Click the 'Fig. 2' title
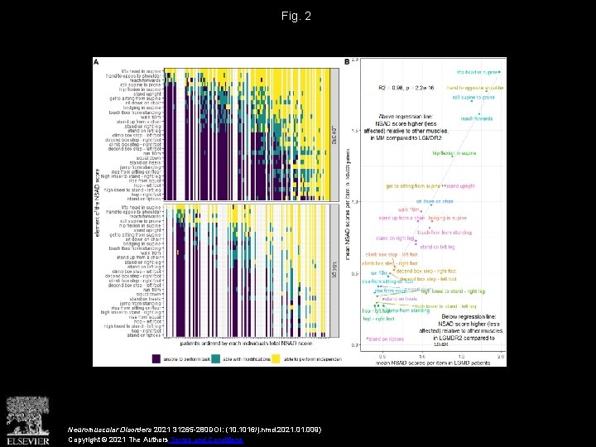pyautogui.click(x=297, y=16)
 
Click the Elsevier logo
pyautogui.click(x=28, y=420)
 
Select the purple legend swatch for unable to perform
pyautogui.click(x=156, y=357)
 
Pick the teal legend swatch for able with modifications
pyautogui.click(x=215, y=357)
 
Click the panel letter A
pyautogui.click(x=98, y=61)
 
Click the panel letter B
pyautogui.click(x=346, y=61)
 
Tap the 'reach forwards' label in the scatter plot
pyautogui.click(x=476, y=118)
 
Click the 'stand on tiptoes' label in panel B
pyautogui.click(x=386, y=339)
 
